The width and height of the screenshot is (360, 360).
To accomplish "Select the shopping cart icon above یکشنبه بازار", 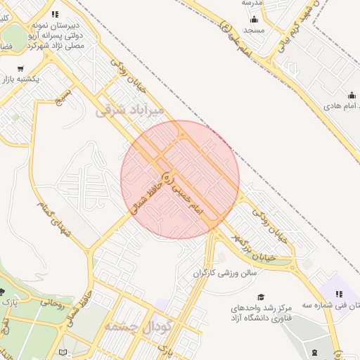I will click(20, 69).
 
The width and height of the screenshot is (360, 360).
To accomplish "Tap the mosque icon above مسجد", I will click(253, 20).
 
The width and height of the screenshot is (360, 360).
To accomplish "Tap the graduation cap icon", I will click(261, 297).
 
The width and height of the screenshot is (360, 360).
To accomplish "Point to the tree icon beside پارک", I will click(2, 291).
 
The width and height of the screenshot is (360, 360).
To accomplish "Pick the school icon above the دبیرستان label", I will click(56, 13).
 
